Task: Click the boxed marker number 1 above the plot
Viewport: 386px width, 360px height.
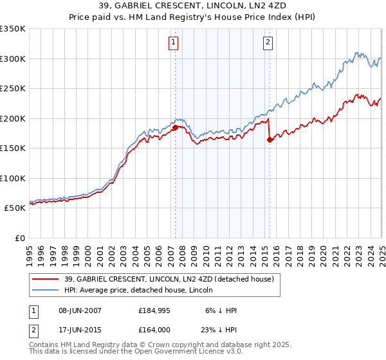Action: click(x=174, y=43)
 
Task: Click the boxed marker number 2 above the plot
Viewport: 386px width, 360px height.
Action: click(x=268, y=43)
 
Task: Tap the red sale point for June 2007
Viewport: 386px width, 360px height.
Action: click(x=175, y=127)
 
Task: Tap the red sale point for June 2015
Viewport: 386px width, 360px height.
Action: click(x=270, y=140)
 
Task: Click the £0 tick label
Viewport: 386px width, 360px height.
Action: click(x=19, y=238)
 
